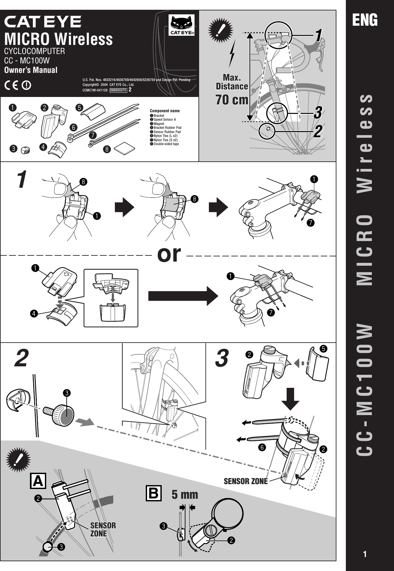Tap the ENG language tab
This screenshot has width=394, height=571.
point(365,20)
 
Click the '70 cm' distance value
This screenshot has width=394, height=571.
point(232,100)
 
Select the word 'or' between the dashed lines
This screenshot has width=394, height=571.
point(169,254)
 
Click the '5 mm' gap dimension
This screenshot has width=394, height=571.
point(185,495)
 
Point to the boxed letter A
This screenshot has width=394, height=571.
point(38,481)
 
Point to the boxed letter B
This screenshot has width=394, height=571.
point(154,493)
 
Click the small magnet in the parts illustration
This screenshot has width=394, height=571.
point(25,150)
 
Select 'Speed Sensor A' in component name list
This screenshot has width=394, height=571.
point(165,120)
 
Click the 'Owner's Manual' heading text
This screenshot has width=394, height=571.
point(31,70)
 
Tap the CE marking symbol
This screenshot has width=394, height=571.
point(12,85)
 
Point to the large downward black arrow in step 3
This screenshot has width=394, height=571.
point(290,399)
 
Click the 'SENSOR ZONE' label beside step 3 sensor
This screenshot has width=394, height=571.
point(246,481)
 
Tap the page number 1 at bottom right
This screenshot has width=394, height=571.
point(365,554)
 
